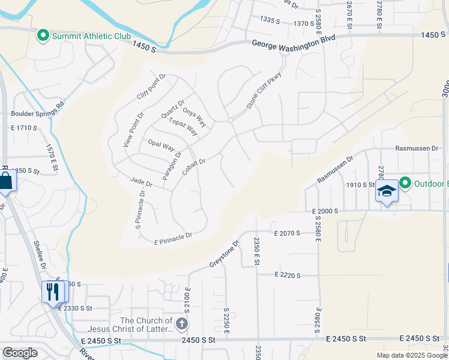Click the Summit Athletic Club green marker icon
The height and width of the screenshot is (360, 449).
click(x=43, y=37)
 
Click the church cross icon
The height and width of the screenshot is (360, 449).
click(x=182, y=324)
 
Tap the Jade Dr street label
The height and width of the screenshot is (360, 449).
click(x=142, y=182)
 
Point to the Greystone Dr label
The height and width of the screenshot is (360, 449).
click(x=224, y=254)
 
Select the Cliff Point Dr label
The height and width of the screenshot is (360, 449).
click(x=151, y=88)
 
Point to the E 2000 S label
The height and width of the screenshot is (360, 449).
click(x=325, y=211)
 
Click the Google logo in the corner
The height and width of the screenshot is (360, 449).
click(x=20, y=353)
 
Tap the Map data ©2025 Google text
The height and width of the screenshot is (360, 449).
click(x=411, y=355)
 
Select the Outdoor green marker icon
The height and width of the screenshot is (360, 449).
click(x=405, y=182)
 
